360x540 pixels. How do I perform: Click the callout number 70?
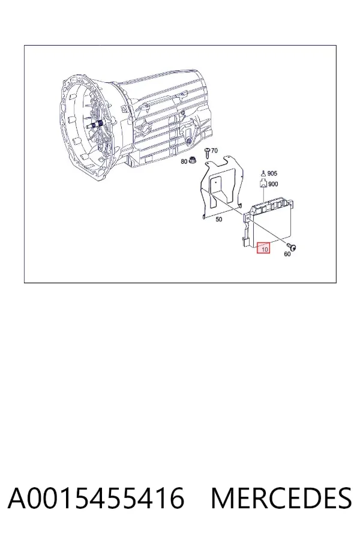214,151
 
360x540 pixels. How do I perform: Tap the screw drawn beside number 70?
207,152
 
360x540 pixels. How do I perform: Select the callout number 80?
184,161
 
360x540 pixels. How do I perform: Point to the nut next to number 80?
192,160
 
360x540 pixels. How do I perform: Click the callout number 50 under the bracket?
219,220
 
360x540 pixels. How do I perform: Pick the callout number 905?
272,173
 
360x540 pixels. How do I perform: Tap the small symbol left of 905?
263,173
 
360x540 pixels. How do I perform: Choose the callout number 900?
273,184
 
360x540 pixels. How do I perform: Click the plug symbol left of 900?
263,183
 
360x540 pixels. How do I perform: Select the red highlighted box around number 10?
263,247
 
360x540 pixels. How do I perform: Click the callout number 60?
287,254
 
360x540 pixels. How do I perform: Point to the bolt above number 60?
292,246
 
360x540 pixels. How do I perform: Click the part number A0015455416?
96,498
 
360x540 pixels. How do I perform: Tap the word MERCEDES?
281,498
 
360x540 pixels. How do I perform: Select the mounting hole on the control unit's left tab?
248,217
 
